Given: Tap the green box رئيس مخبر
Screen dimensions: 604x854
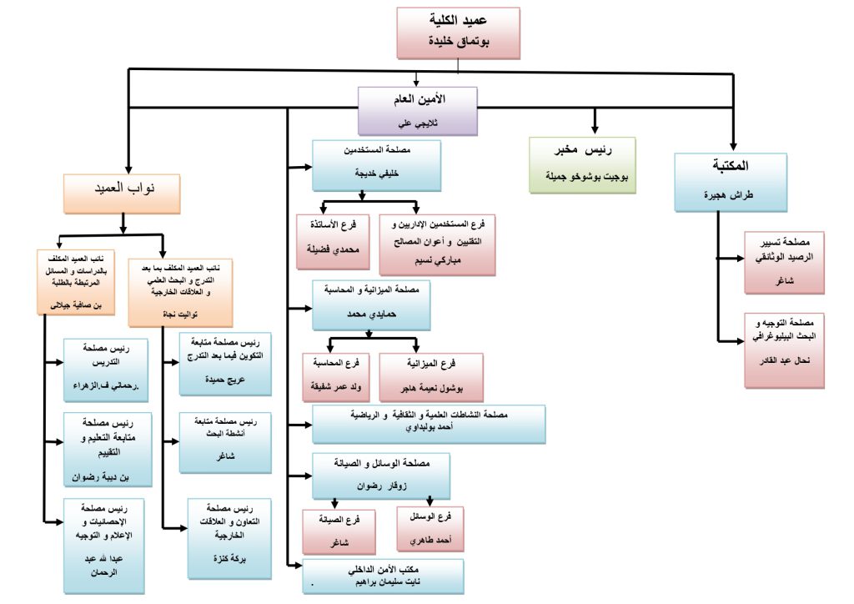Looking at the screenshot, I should [583, 164].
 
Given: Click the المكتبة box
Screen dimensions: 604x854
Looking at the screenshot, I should [731, 180].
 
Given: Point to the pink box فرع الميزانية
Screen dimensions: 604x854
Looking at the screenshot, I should [430, 376].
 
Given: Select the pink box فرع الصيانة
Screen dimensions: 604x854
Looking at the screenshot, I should [338, 531].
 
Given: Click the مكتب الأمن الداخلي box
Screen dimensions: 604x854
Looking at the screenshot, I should [382, 576].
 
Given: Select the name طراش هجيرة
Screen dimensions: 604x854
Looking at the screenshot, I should [731, 194].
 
